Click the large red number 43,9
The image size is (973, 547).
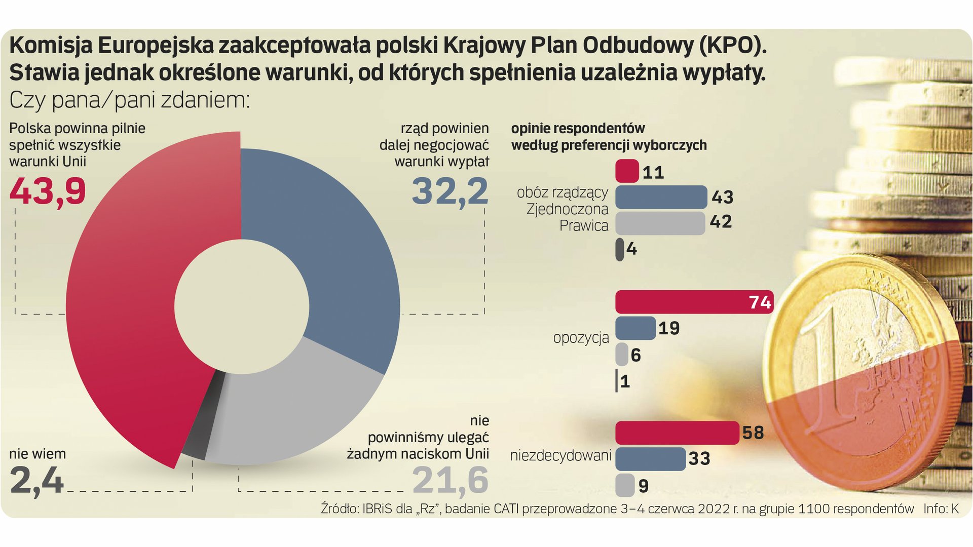(48, 191)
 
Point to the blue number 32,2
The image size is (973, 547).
(450, 191)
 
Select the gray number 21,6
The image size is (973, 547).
(450, 480)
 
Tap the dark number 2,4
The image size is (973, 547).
(36, 480)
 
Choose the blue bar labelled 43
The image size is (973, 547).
(661, 197)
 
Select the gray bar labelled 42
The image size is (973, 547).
(660, 223)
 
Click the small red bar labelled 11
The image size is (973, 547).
(627, 171)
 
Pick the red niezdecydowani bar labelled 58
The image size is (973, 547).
(677, 433)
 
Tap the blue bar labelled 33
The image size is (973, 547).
(650, 459)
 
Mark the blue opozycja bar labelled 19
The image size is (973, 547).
(635, 328)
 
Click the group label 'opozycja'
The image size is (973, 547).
(581, 338)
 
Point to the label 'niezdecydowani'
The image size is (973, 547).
(560, 455)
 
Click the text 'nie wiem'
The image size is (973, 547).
(38, 454)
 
